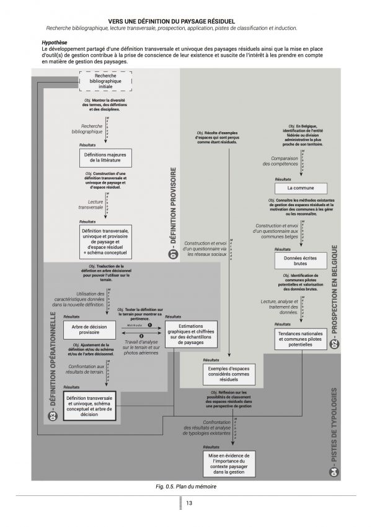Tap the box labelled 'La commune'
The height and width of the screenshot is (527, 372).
coord(300,188)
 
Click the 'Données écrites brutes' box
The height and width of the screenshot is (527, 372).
coord(300,260)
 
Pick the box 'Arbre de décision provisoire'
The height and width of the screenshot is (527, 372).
coord(90,329)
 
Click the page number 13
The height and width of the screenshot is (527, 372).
coord(190,503)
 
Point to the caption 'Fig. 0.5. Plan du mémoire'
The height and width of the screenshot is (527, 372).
coord(186,487)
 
